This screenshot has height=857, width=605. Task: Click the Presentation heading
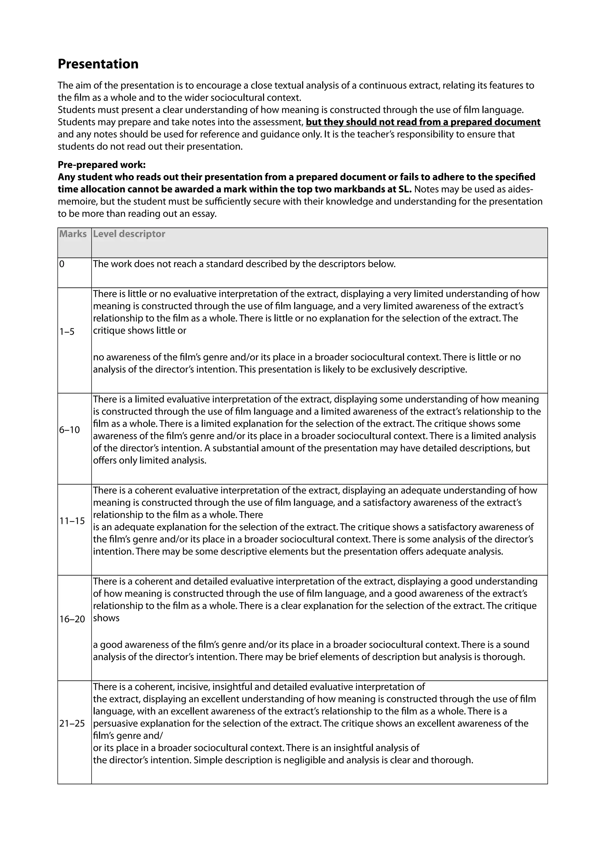[x=98, y=64]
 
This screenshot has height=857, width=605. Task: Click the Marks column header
[x=73, y=234]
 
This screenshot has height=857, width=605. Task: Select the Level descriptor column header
[x=129, y=234]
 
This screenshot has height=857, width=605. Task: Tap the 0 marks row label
[x=62, y=264]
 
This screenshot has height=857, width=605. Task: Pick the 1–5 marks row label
[x=67, y=332]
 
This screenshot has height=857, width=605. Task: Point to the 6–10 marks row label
[x=70, y=430]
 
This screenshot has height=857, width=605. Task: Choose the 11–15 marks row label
[x=72, y=521]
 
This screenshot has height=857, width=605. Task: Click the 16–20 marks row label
[x=72, y=619]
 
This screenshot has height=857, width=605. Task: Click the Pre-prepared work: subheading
[x=102, y=165]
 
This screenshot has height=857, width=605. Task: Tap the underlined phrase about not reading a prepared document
[x=423, y=122]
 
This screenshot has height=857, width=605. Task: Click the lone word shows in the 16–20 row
[x=106, y=618]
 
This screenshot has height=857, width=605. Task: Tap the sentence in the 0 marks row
[x=244, y=264]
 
